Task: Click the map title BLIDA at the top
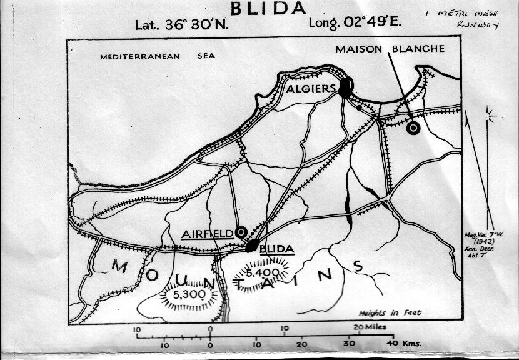tap(269, 8)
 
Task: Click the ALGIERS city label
tap(311, 89)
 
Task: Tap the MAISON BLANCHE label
tap(390, 49)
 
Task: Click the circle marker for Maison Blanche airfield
tap(413, 128)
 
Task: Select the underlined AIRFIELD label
tap(207, 235)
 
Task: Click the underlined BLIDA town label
tap(276, 249)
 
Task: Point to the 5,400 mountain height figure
tap(262, 273)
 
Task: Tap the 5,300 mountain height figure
tap(189, 294)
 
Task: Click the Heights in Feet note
tap(390, 313)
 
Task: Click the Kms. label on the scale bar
tap(411, 344)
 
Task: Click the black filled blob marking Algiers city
tap(345, 87)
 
